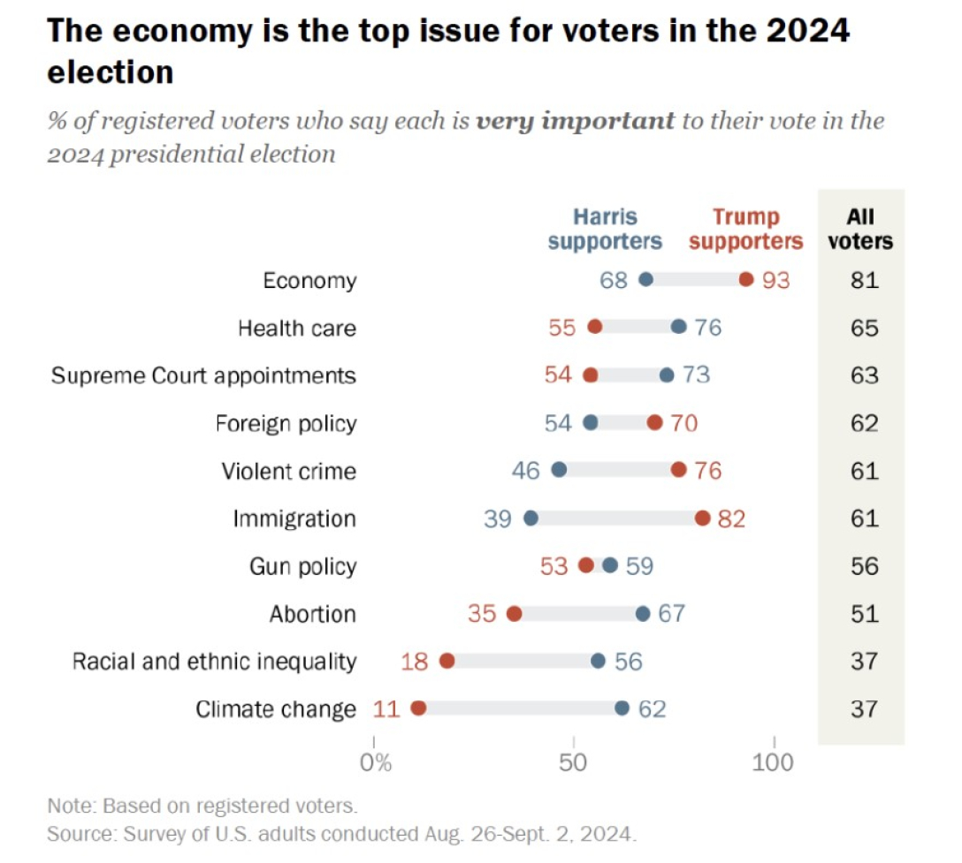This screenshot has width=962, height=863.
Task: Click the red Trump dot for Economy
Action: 746,280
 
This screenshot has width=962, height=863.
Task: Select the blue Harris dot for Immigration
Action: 531,519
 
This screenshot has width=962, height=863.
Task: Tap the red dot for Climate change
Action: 419,708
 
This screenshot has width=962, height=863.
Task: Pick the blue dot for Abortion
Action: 643,614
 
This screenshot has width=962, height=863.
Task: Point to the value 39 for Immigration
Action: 498,519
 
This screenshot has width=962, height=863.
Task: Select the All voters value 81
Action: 864,280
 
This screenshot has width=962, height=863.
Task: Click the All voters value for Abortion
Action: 864,614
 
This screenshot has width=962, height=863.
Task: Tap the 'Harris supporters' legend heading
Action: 605,229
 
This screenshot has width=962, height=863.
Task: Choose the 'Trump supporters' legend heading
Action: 746,229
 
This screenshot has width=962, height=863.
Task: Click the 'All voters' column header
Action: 860,229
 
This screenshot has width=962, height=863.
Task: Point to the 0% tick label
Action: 376,761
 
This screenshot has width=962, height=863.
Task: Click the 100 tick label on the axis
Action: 775,761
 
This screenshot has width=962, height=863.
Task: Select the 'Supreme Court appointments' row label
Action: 203,375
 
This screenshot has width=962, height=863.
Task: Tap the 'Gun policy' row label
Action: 302,566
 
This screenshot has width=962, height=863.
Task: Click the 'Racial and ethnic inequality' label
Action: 214,661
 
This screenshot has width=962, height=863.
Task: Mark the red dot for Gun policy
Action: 586,566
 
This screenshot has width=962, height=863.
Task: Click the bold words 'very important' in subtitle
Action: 575,120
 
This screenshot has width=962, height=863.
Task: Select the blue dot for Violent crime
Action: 559,471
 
